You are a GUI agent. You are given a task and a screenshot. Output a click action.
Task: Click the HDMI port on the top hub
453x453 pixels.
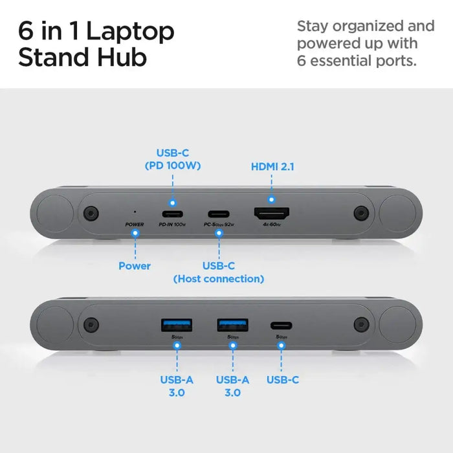[272, 214]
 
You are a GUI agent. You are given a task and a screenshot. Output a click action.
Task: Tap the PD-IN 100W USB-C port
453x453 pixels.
[172, 214]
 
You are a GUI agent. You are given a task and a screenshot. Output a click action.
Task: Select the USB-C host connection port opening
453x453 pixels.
[219, 214]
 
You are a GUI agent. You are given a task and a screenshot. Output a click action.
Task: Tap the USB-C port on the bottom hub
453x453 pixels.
[282, 326]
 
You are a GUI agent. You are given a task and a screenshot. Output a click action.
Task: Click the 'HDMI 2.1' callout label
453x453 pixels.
[272, 166]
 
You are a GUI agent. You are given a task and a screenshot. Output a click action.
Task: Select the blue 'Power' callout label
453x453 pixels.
[135, 265]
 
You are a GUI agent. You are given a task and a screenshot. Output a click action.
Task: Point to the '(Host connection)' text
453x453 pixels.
[219, 279]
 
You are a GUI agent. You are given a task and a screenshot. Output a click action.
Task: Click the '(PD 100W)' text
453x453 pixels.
[173, 166]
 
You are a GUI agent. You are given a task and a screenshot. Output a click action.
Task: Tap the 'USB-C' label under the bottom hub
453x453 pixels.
[283, 380]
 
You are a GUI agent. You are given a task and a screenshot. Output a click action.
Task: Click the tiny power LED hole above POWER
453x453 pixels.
[135, 210]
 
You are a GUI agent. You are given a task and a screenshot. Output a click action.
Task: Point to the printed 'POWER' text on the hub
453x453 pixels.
[135, 225]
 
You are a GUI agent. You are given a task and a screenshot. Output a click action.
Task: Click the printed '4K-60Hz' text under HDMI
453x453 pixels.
[272, 225]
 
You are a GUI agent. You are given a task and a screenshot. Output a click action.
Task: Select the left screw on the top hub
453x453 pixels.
[90, 213]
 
